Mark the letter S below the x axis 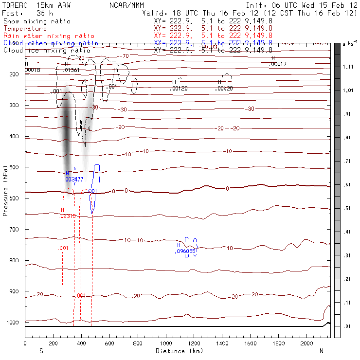click(x=41, y=351)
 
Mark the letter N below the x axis click(x=321, y=351)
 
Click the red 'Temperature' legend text click(x=25, y=29)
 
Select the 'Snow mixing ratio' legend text click(x=37, y=21)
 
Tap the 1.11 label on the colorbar click(x=347, y=67)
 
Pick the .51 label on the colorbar click(x=347, y=208)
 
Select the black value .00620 click(x=224, y=89)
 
